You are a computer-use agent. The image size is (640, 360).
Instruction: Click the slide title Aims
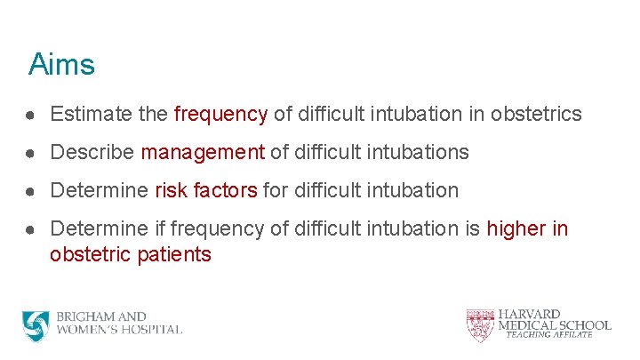click(x=61, y=65)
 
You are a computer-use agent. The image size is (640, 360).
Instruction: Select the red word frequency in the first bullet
click(x=220, y=114)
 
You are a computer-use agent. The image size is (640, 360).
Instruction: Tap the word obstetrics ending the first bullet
click(x=538, y=114)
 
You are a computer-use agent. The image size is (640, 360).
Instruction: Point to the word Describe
click(x=92, y=152)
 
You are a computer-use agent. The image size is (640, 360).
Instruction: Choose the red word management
click(x=203, y=152)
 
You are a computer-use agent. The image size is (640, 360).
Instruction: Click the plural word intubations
click(x=417, y=152)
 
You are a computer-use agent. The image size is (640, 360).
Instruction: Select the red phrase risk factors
click(x=206, y=190)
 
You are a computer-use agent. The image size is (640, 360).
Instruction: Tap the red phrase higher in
click(x=527, y=228)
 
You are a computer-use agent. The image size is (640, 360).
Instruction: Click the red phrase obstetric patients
click(x=131, y=254)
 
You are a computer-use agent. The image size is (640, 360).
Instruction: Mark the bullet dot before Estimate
click(x=32, y=115)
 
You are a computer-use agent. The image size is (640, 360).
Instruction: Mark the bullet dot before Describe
click(x=32, y=153)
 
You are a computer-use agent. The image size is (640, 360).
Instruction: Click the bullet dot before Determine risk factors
click(x=32, y=191)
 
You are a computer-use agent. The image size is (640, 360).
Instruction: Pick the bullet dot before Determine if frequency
click(x=32, y=229)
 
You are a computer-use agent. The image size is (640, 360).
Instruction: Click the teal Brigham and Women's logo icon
click(x=36, y=326)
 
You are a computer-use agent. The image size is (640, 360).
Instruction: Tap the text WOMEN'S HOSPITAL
click(x=119, y=330)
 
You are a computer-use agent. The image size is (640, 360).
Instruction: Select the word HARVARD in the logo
click(x=530, y=314)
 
